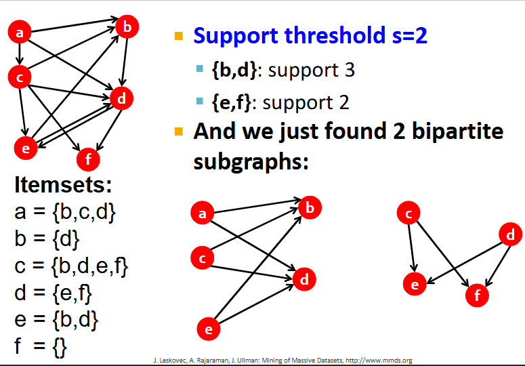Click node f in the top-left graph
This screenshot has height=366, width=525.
87,160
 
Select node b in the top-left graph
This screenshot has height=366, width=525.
127,27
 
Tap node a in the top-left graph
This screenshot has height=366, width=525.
20,32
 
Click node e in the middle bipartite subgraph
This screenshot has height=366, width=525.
209,329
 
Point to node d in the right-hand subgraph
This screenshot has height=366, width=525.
510,235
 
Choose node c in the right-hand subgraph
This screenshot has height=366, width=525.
408,214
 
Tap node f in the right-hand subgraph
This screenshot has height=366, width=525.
477,295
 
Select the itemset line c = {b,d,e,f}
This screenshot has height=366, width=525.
71,266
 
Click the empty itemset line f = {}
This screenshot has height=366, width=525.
41,346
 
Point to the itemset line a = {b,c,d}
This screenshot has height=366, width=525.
65,212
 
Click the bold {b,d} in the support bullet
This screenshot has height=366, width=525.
234,70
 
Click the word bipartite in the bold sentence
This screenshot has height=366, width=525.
461,131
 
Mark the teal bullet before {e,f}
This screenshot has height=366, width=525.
199,102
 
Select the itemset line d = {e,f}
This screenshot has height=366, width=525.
53,293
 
